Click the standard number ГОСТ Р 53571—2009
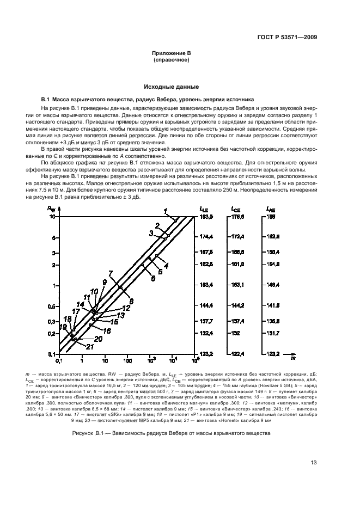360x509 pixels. (288, 36)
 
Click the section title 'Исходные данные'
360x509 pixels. (171, 87)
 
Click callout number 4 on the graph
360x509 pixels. (166, 265)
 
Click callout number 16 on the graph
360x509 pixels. (107, 330)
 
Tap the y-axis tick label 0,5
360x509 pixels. (52, 305)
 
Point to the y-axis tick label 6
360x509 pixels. (54, 238)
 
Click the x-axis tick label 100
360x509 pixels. (127, 360)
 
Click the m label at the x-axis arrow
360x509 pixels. (292, 358)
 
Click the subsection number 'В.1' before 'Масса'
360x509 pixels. (46, 100)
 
